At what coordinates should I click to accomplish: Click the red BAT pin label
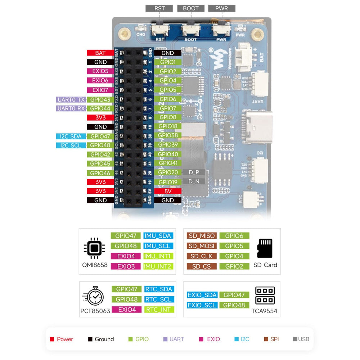tap(100, 53)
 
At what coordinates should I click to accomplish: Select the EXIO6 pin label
tap(100, 81)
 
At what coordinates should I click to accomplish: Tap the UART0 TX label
tap(71, 99)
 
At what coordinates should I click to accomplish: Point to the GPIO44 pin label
tap(100, 108)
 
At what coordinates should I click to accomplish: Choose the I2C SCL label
tap(71, 145)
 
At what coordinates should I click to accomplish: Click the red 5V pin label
tap(168, 191)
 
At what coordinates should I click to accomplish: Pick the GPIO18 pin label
tap(168, 127)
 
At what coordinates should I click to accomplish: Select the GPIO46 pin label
tap(100, 173)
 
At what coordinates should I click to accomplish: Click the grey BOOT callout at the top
tap(190, 8)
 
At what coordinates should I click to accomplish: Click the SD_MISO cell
tap(202, 236)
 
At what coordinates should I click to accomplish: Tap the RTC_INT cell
tap(159, 310)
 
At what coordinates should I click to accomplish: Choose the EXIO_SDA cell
tap(202, 295)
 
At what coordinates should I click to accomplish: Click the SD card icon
tap(265, 248)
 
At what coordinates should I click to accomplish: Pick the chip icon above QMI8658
tap(94, 248)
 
